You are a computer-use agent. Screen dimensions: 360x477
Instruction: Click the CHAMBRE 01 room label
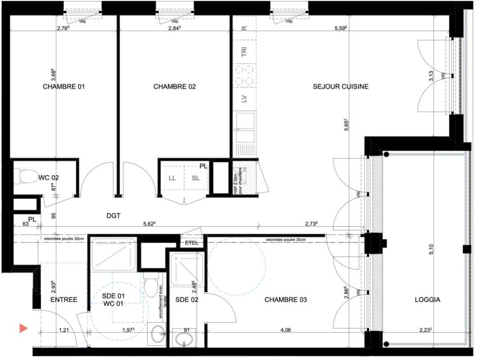point(64,87)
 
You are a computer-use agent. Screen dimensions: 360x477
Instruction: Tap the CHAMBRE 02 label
point(174,87)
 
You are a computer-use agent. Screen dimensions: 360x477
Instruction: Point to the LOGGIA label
point(427,300)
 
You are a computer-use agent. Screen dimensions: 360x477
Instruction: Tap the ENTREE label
point(64,299)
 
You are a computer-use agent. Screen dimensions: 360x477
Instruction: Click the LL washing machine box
point(172,177)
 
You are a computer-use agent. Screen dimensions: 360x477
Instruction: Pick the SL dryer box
point(195,177)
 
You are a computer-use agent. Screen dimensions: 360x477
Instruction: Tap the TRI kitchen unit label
point(244,52)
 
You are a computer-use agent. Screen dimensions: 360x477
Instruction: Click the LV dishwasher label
point(244,99)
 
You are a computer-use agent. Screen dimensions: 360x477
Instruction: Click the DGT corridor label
point(113,216)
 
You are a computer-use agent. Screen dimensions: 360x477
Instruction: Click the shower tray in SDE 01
point(114,255)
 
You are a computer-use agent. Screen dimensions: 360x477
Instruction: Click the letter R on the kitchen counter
point(244,27)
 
